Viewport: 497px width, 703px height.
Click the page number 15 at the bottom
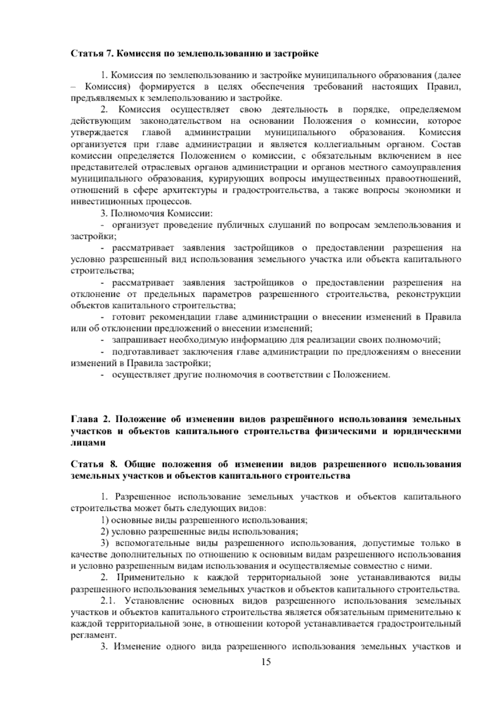pos(266,662)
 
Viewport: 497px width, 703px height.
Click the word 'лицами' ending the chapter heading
pos(86,443)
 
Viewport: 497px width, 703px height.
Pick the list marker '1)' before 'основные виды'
pos(105,520)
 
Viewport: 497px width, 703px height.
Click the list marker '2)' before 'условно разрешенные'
pos(105,531)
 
